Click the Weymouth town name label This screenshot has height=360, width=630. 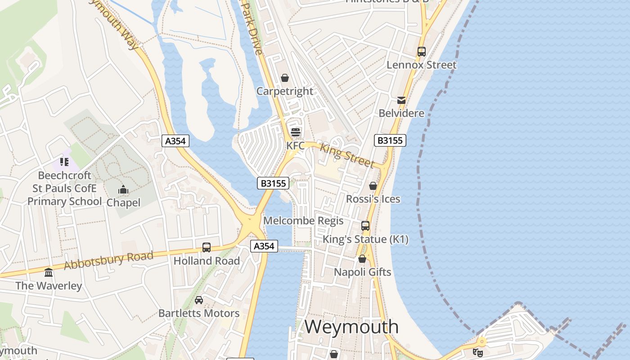(x=351, y=327)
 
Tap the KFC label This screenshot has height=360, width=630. (x=296, y=146)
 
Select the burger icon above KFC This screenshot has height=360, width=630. (x=296, y=132)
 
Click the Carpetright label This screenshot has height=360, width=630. (x=285, y=91)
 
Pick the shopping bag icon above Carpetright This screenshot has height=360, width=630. (x=285, y=78)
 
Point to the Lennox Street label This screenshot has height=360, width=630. (x=422, y=65)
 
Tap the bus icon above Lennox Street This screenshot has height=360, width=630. (x=422, y=51)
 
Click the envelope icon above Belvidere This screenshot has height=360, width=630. (x=401, y=100)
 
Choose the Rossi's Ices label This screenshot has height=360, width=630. (x=373, y=199)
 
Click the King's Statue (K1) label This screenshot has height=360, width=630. (x=366, y=239)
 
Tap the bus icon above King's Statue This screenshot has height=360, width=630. (x=365, y=226)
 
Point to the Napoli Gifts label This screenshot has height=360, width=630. (x=362, y=272)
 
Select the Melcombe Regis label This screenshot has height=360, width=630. (x=303, y=221)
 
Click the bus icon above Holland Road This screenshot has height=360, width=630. (x=207, y=247)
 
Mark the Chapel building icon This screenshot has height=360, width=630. (x=123, y=190)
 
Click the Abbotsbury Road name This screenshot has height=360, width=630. (x=108, y=261)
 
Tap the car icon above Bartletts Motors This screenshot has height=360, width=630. (x=199, y=300)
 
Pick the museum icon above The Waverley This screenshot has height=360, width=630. (x=49, y=272)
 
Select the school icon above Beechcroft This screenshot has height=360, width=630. (x=64, y=162)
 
